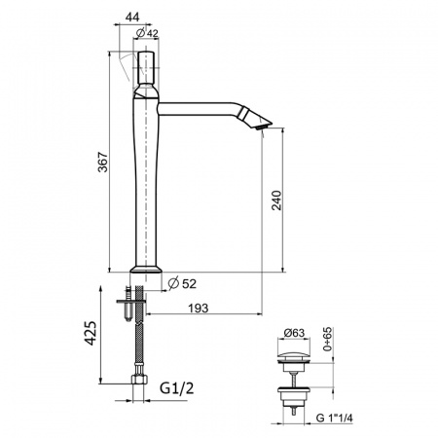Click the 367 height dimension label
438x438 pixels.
coord(103,162)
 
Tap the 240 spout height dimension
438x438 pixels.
coord(276,201)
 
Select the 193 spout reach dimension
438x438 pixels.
coord(199,308)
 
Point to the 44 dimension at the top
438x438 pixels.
coord(132,17)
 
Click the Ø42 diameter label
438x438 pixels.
coord(147,33)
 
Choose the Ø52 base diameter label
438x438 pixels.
coord(182,283)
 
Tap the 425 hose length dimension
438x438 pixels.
coord(90,333)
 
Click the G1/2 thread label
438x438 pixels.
coord(177,387)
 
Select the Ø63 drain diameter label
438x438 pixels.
coord(294,333)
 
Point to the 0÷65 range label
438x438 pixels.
coord(328,339)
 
